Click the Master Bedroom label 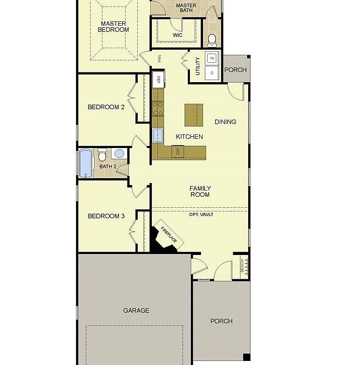(113, 26)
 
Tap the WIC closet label (177, 35)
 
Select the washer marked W (212, 58)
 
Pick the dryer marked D (212, 72)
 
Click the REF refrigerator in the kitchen (158, 80)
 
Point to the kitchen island (193, 116)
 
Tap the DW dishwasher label (178, 151)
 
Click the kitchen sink (158, 135)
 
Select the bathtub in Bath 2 (85, 163)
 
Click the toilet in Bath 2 (102, 154)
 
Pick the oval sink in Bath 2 (119, 153)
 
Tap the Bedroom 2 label (106, 107)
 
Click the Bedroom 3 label (106, 216)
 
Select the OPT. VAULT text (201, 214)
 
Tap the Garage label (136, 310)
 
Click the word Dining (225, 122)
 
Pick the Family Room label (200, 191)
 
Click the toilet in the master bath (212, 39)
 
